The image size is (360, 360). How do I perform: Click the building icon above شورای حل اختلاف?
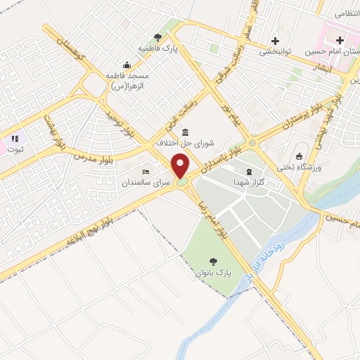[x=185, y=133]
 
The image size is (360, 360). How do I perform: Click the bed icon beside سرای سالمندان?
[x=146, y=172]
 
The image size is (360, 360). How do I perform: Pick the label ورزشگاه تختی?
[x=300, y=167]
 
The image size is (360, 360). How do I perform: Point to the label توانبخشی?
[x=276, y=51]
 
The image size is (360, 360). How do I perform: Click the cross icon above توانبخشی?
[x=275, y=40]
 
